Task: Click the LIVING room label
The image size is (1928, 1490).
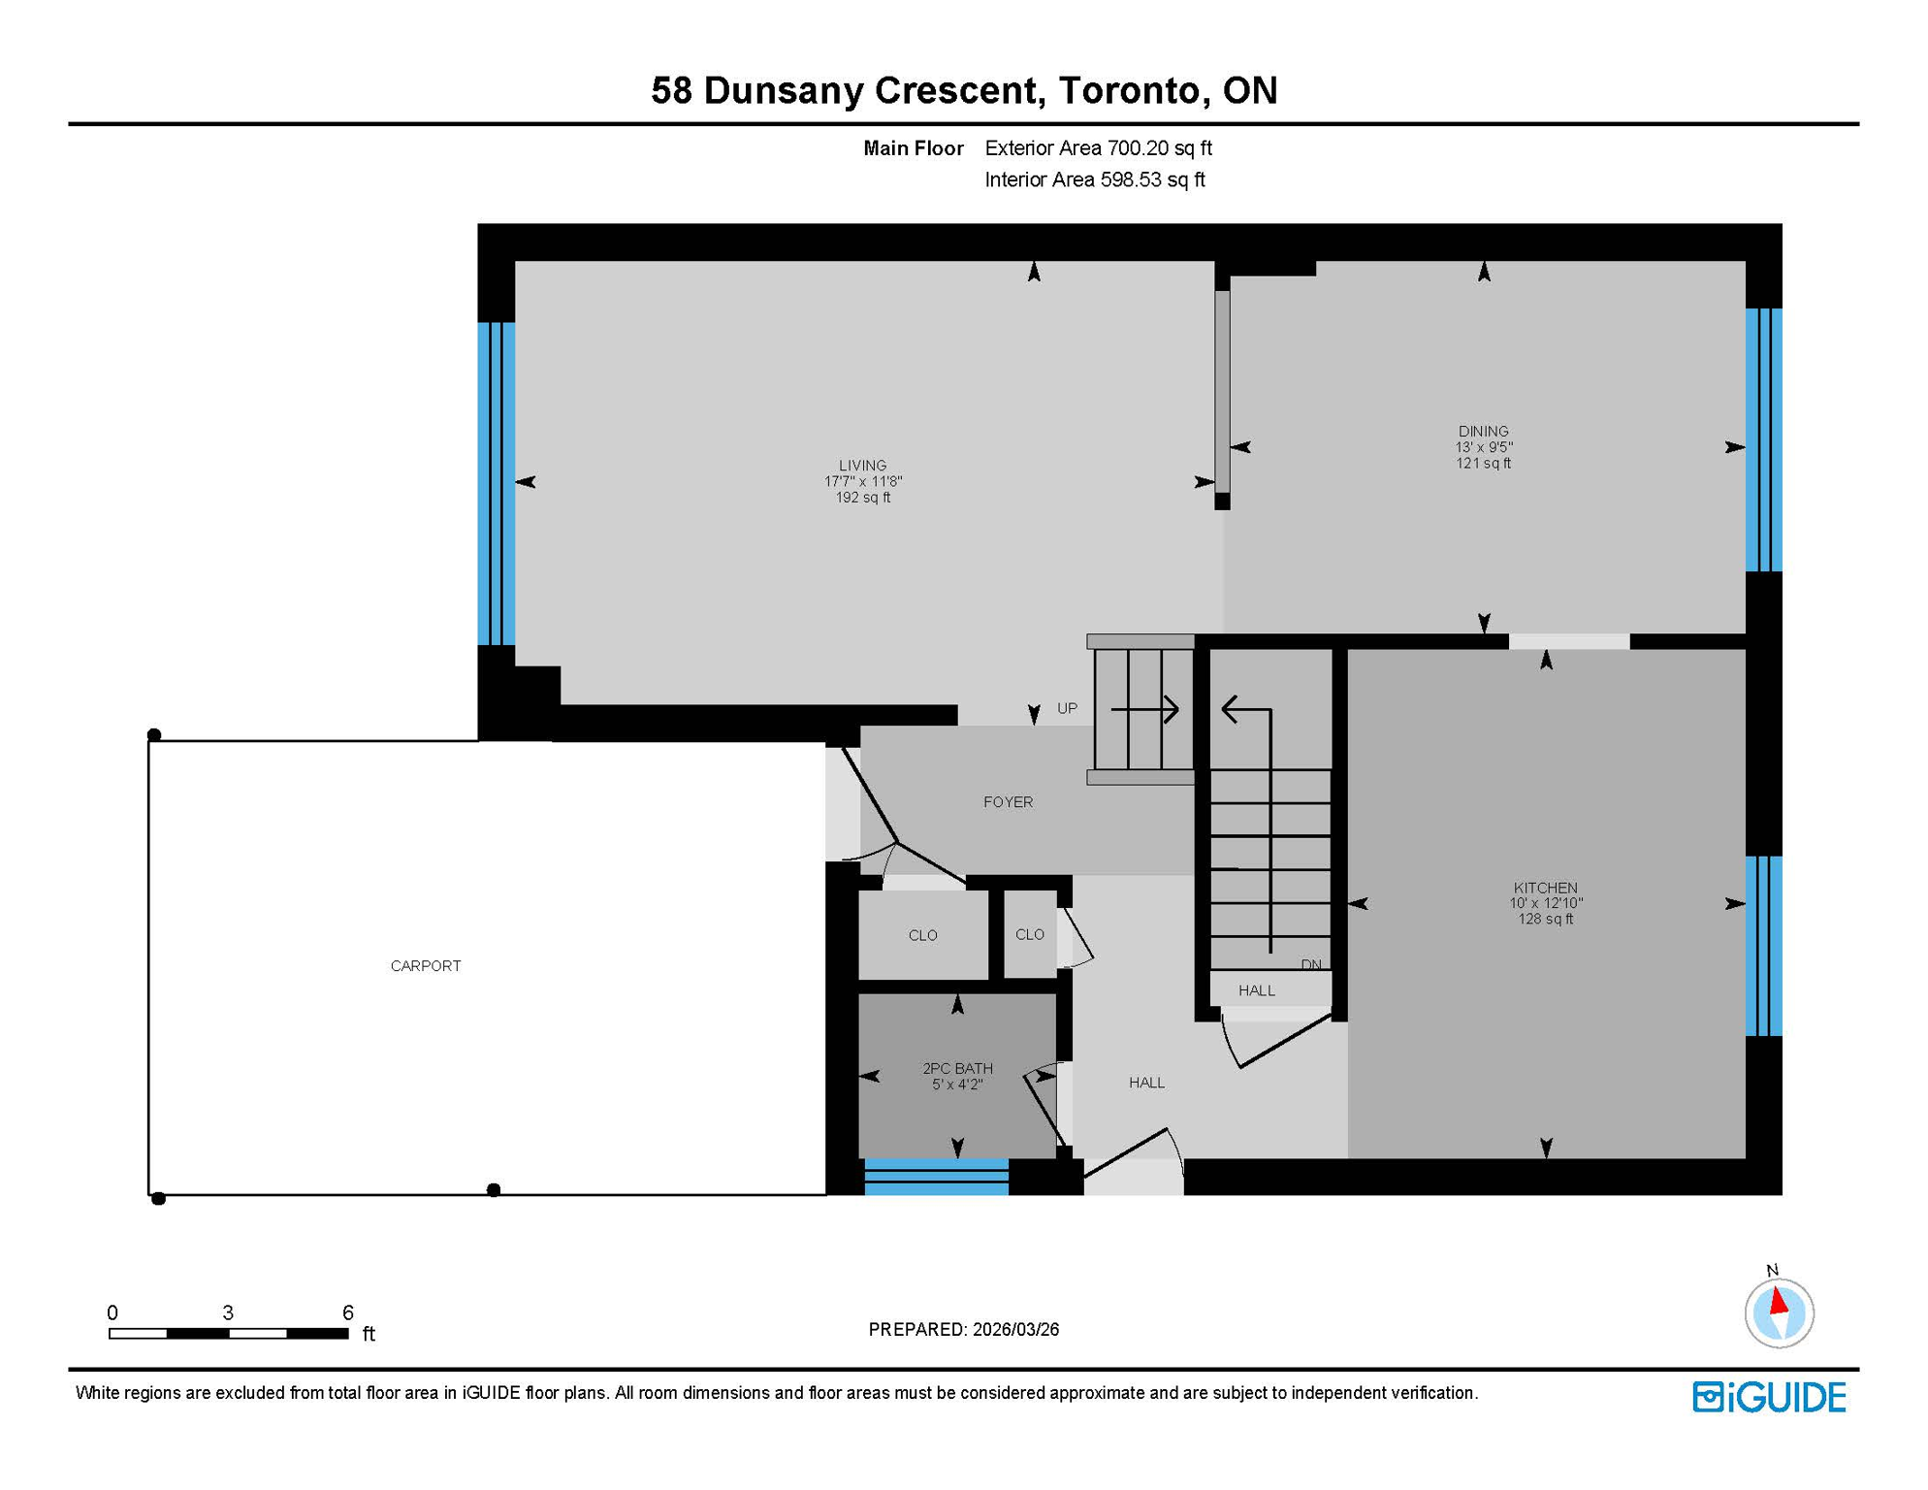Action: [862, 466]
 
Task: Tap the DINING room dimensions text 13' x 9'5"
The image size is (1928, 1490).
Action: [1483, 447]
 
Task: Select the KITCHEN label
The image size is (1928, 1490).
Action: [1545, 888]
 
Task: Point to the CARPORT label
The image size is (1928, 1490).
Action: [425, 965]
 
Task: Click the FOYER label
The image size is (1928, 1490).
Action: [1008, 802]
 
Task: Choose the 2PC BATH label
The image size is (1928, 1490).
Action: [956, 1068]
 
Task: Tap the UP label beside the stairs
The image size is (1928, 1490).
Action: [1067, 708]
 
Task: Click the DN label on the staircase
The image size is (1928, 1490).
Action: [1311, 964]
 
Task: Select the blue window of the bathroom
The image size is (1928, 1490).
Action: [936, 1176]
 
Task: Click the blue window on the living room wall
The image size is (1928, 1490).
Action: [496, 483]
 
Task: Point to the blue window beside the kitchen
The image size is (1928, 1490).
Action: [1763, 946]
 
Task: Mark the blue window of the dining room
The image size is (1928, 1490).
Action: [1763, 439]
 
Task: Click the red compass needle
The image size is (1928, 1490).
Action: [1779, 1301]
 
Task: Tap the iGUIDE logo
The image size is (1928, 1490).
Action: [1769, 1397]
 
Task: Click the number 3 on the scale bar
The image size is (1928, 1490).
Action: [228, 1312]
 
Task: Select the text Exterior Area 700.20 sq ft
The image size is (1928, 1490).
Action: [1098, 148]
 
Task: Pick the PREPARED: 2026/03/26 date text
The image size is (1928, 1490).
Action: [963, 1329]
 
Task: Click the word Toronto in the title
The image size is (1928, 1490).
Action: [1129, 90]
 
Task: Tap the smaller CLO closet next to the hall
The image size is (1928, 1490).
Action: [1029, 935]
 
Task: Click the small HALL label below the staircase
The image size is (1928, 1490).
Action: [1256, 990]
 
